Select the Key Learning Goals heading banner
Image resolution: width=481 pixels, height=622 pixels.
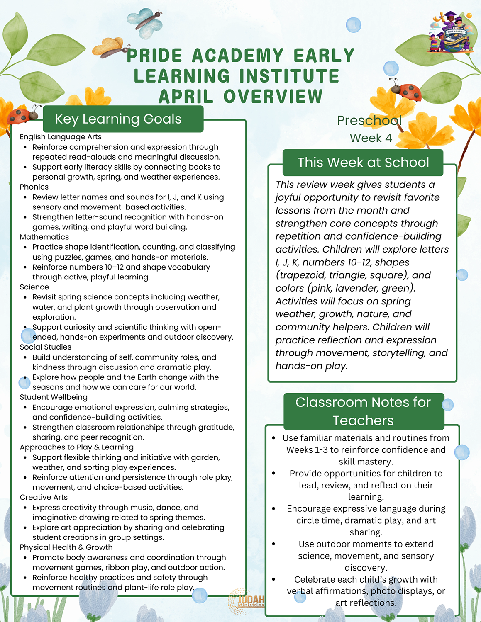click(x=123, y=119)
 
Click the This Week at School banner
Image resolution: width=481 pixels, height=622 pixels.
click(x=363, y=163)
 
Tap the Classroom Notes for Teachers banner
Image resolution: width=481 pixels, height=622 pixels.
click(x=363, y=411)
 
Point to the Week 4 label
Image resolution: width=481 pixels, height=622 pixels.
click(x=371, y=138)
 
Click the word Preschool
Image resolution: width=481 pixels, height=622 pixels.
click(x=369, y=121)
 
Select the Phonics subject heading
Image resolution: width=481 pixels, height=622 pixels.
click(x=34, y=187)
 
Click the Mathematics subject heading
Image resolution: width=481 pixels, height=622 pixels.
click(x=44, y=237)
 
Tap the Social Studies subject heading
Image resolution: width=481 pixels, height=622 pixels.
click(x=46, y=347)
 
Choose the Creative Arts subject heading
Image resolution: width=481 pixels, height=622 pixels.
click(x=44, y=497)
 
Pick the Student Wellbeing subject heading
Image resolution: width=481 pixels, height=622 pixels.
click(x=54, y=397)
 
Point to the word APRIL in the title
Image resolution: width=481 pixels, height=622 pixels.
click(x=186, y=97)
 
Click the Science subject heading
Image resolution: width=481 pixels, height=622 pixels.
click(x=34, y=287)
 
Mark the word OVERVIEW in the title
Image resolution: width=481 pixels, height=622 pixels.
click(x=273, y=97)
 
